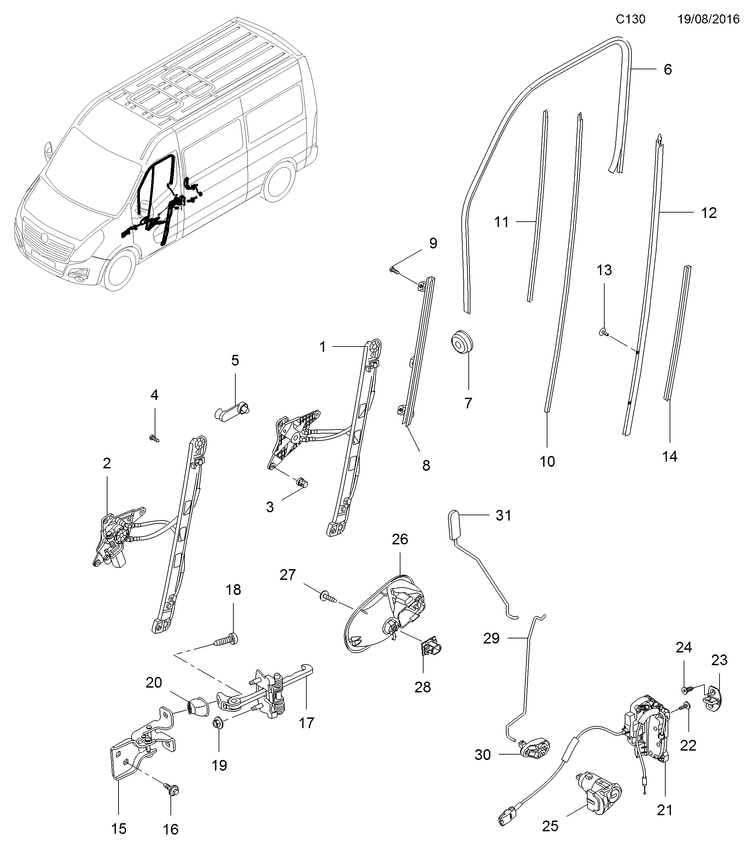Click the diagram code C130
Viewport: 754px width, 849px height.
[630, 19]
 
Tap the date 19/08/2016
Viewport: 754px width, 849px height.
[709, 19]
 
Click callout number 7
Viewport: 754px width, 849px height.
[468, 402]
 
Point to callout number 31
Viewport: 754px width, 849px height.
[504, 516]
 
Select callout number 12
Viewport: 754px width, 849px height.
[709, 213]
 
